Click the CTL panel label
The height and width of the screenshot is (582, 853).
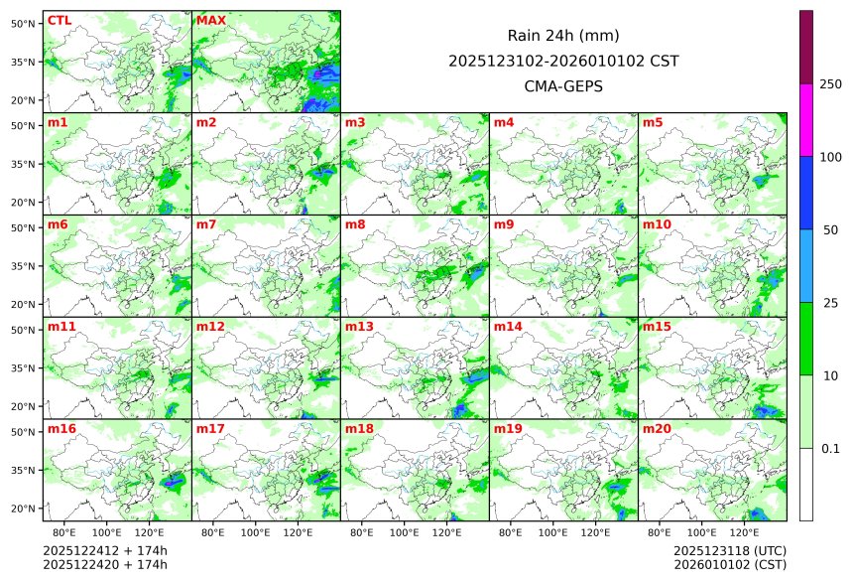(60, 20)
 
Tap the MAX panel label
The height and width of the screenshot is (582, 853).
(211, 20)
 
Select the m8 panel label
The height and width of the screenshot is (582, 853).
(355, 224)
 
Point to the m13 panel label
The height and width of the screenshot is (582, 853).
(359, 327)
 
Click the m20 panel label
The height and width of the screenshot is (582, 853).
(657, 429)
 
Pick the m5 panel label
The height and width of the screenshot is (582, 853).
(653, 122)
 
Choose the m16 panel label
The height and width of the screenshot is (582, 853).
(61, 429)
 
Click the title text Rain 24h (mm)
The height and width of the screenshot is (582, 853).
(563, 36)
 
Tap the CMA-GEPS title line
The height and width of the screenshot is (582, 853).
(563, 85)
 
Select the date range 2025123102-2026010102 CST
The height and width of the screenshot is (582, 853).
(563, 61)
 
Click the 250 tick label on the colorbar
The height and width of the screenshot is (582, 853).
(830, 83)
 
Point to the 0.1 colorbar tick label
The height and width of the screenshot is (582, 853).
(830, 449)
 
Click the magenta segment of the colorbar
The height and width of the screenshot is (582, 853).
(806, 119)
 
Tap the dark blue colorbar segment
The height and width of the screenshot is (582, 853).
(806, 193)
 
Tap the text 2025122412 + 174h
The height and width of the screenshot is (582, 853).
(91, 550)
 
